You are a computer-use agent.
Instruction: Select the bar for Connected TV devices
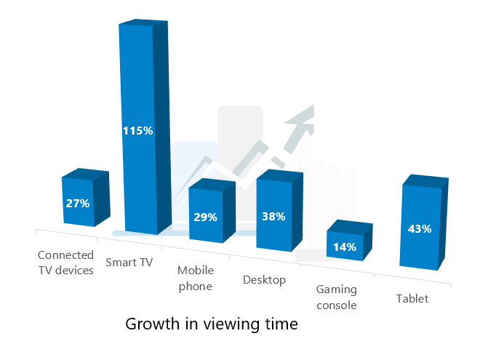click(x=86, y=197)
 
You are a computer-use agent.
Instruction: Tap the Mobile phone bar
click(x=212, y=211)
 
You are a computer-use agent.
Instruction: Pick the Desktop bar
click(x=279, y=210)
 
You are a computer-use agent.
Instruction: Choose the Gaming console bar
click(x=350, y=241)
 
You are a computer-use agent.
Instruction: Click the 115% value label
click(x=138, y=131)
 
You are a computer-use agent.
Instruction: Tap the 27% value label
click(x=78, y=204)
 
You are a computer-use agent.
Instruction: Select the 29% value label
click(x=206, y=217)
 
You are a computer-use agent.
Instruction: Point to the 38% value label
click(x=273, y=217)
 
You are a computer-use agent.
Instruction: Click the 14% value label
click(x=345, y=247)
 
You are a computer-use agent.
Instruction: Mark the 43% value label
click(x=420, y=229)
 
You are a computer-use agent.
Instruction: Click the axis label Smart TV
click(x=129, y=263)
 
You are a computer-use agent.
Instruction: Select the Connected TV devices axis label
click(x=65, y=263)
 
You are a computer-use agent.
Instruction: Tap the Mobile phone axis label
click(x=196, y=279)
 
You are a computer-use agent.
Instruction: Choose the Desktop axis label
click(x=265, y=280)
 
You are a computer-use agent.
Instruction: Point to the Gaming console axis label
click(x=337, y=297)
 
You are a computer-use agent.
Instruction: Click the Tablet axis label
click(x=412, y=299)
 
